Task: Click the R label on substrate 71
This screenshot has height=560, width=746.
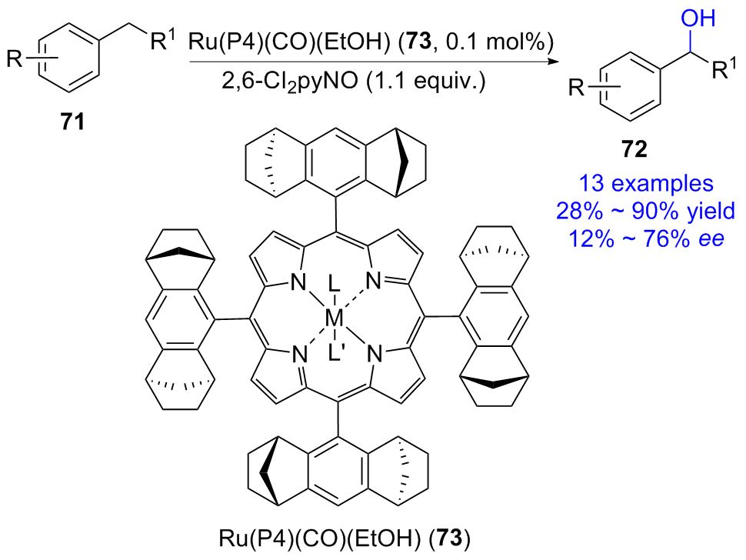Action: point(15,62)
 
